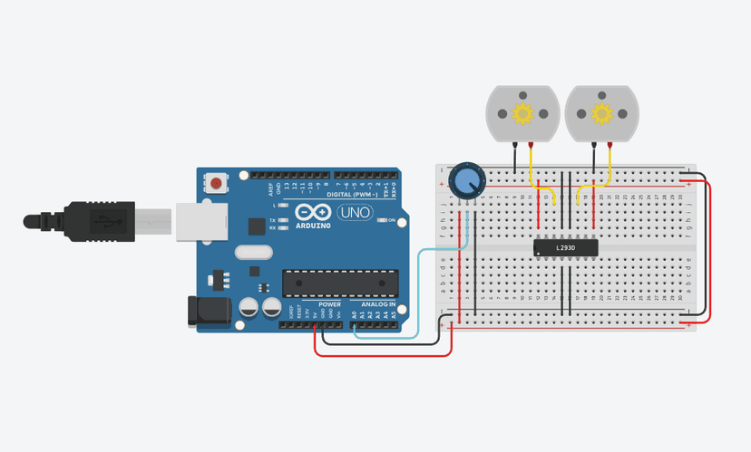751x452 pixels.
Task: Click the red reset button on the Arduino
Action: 216,184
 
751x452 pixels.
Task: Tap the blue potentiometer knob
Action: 467,179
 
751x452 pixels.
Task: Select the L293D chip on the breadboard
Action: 565,247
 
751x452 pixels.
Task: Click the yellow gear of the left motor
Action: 522,113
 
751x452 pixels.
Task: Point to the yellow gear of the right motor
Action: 600,113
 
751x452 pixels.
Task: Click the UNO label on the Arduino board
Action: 354,214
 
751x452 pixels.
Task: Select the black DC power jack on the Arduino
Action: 205,312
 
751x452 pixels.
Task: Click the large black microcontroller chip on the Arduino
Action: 340,283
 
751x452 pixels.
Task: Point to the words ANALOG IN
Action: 378,304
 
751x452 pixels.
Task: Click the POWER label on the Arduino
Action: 330,304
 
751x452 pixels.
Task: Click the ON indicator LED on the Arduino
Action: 382,220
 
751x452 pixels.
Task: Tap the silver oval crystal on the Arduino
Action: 253,251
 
